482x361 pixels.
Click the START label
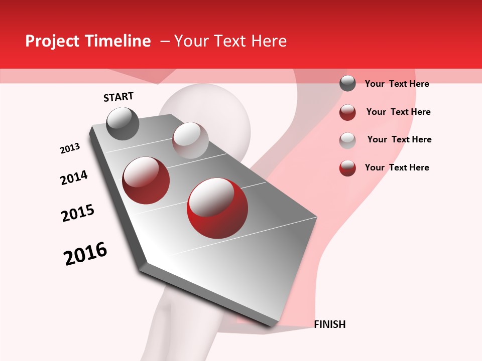coord(118,97)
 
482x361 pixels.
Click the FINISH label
coord(329,324)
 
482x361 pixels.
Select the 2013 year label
coord(70,148)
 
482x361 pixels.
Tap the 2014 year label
coord(74,177)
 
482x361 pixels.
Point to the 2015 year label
coord(77,213)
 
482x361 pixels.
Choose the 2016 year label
coord(85,254)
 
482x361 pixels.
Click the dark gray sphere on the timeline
coord(123,123)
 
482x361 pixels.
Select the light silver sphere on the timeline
coord(190,140)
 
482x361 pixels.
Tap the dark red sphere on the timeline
coord(146,180)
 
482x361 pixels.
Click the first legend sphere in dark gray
coord(347,83)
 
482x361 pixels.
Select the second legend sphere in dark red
coord(347,112)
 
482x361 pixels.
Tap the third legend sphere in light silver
coord(347,140)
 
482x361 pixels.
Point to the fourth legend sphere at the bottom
coord(347,168)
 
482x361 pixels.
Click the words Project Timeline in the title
coord(88,41)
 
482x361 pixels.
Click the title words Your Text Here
coord(230,41)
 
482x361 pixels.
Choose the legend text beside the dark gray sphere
coord(397,84)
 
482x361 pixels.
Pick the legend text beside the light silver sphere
coord(399,139)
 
